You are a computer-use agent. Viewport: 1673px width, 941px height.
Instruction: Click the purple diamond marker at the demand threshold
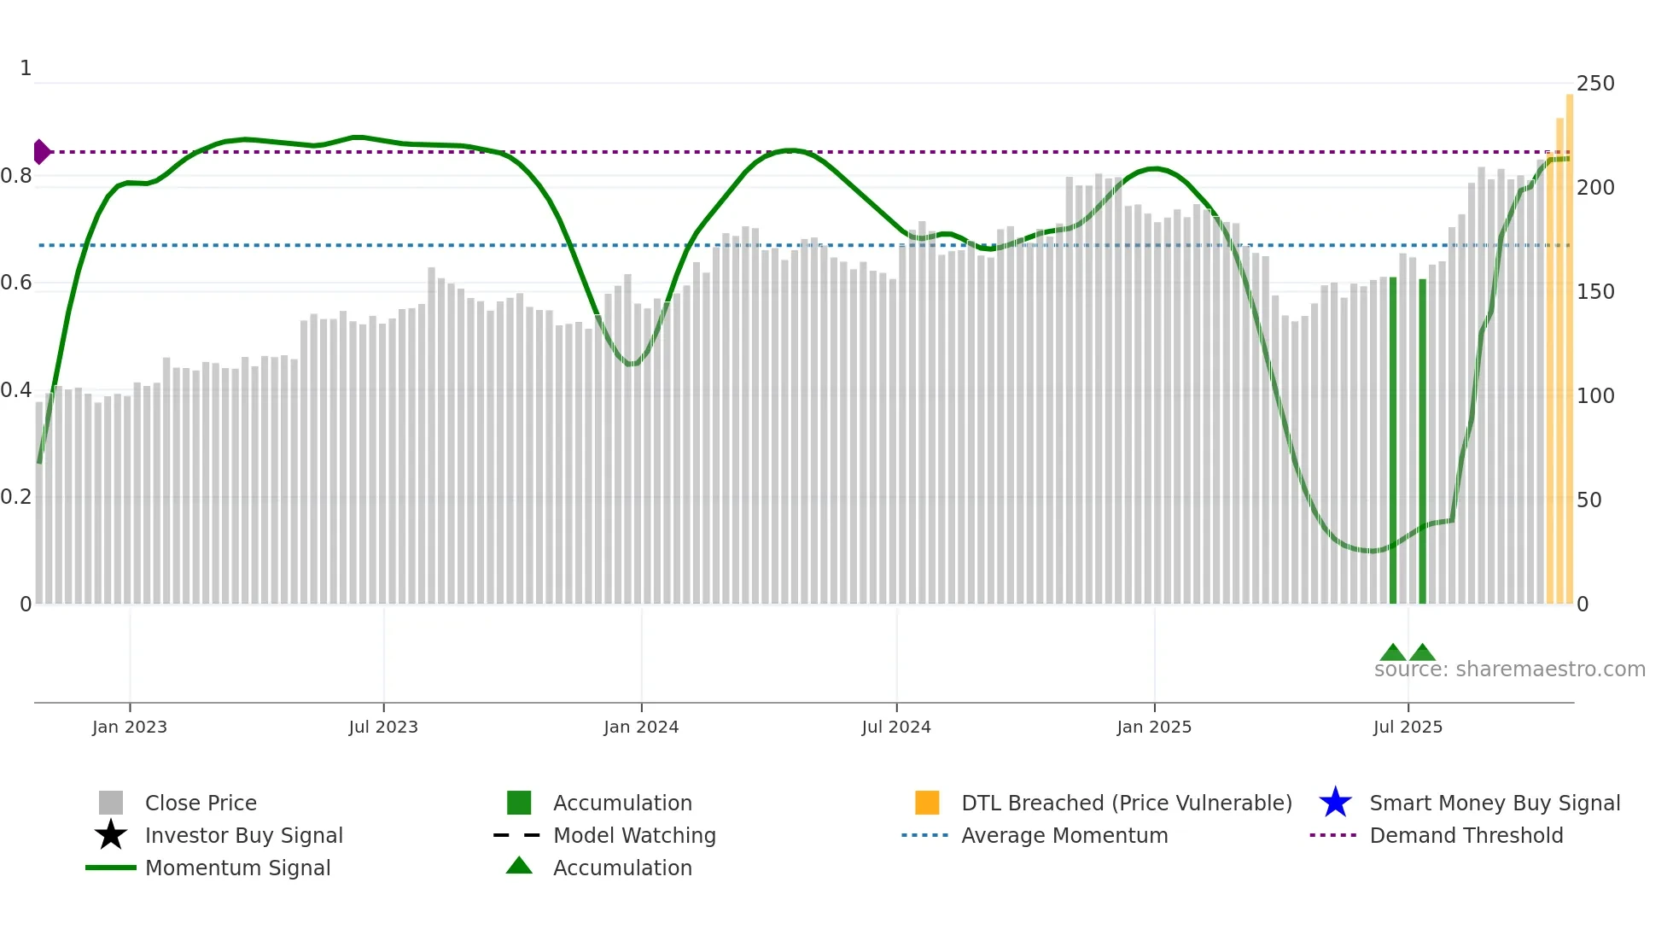click(x=41, y=152)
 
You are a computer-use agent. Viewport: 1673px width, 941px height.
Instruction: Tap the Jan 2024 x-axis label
click(x=641, y=728)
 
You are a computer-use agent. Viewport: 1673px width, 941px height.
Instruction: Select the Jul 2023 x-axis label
click(x=383, y=728)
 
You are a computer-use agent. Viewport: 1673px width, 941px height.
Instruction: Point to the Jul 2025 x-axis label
click(x=1408, y=728)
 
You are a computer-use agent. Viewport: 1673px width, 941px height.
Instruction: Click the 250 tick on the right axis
click(x=1594, y=84)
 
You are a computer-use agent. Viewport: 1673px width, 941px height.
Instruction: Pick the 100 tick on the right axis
click(x=1594, y=396)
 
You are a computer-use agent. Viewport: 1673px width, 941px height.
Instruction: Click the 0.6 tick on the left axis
click(x=16, y=283)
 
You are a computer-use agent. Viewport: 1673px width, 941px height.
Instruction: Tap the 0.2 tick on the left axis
click(x=16, y=497)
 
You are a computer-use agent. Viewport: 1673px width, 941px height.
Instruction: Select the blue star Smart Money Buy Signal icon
click(x=1335, y=803)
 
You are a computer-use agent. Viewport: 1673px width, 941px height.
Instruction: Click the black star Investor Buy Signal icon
click(x=111, y=835)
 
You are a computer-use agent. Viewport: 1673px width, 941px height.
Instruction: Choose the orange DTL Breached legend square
click(x=927, y=803)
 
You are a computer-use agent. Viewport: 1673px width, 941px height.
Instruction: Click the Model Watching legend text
click(x=634, y=835)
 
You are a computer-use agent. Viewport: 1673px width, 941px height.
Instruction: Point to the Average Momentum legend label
click(x=1064, y=835)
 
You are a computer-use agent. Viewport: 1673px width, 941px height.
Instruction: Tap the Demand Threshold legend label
click(x=1466, y=835)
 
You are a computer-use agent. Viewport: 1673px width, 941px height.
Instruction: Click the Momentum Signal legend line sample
click(x=111, y=868)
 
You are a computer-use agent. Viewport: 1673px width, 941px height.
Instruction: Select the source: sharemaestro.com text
click(x=1509, y=669)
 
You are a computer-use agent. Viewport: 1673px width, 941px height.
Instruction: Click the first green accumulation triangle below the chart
click(x=1393, y=653)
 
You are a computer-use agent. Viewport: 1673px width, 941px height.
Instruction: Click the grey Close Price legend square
click(x=111, y=803)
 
